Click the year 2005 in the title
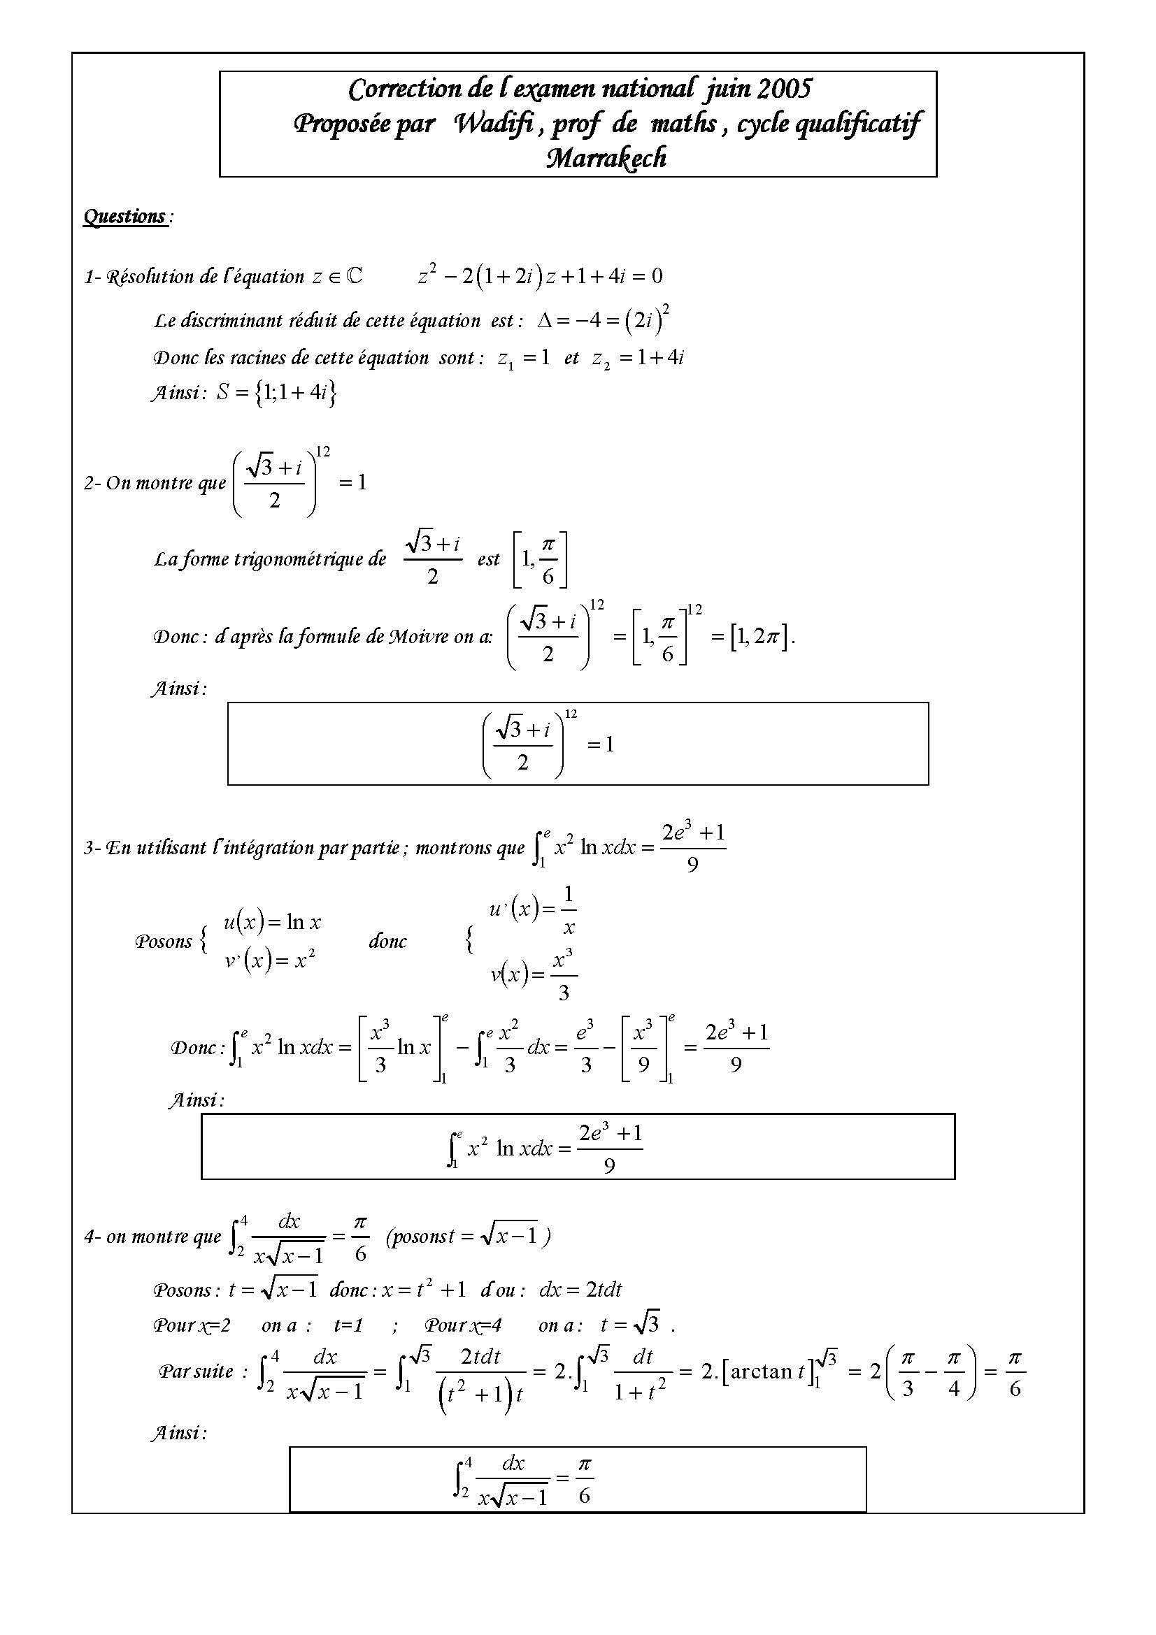pyautogui.click(x=783, y=89)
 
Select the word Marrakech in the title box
pyautogui.click(x=606, y=158)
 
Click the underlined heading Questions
pyautogui.click(x=124, y=217)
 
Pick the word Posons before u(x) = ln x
pyautogui.click(x=163, y=942)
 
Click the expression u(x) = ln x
pyautogui.click(x=272, y=923)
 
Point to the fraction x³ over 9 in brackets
pyautogui.click(x=643, y=1047)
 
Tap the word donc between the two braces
pyautogui.click(x=387, y=942)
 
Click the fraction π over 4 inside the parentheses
pyautogui.click(x=954, y=1372)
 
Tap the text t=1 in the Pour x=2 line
pyautogui.click(x=348, y=1325)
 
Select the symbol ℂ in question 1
pyautogui.click(x=354, y=276)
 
